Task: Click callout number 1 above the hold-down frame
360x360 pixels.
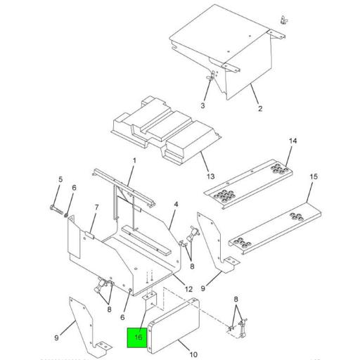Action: click(134, 161)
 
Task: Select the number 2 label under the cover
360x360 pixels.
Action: click(259, 108)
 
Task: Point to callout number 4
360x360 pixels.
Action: click(176, 204)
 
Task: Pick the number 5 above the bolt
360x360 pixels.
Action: click(60, 180)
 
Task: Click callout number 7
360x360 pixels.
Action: click(96, 207)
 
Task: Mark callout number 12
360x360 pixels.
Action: click(188, 289)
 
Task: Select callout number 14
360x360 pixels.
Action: click(293, 142)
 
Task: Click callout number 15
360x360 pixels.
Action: click(314, 176)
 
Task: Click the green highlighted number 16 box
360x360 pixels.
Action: click(136, 337)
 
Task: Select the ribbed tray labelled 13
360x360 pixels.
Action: click(162, 130)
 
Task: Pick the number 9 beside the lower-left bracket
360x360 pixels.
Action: click(57, 337)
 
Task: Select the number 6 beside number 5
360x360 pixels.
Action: click(74, 188)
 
